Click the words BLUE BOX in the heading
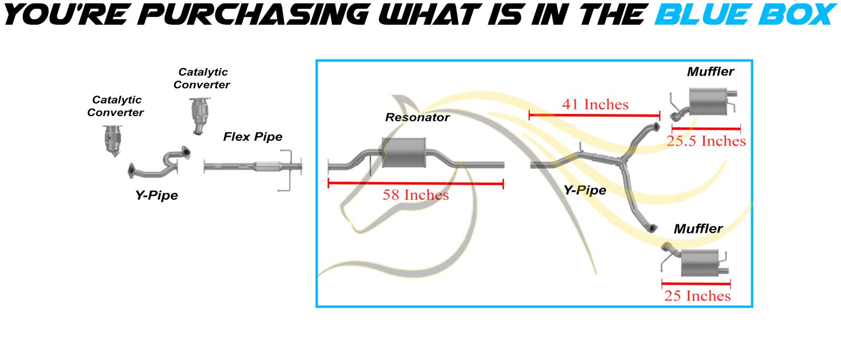(746, 14)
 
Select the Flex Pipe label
(253, 137)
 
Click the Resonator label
(417, 118)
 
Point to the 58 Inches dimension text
(416, 195)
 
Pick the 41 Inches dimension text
(595, 105)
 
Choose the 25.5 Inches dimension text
(706, 141)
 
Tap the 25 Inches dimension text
(697, 296)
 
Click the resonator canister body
(404, 153)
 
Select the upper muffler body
(708, 102)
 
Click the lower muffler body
(700, 262)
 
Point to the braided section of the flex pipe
(268, 166)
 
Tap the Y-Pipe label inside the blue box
(584, 190)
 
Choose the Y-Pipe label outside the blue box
(157, 195)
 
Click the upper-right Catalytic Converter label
(202, 78)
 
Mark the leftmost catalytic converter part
(112, 141)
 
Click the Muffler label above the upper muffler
(710, 71)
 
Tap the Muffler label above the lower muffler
(698, 229)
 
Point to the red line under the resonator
(416, 183)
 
